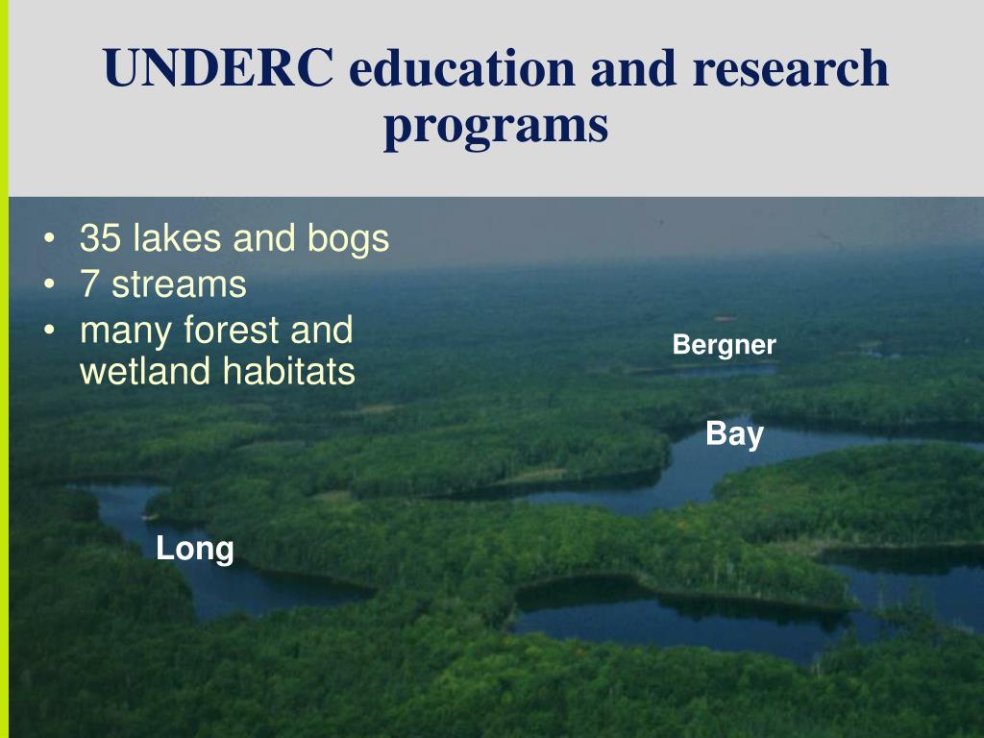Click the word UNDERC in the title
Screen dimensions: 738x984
tap(219, 70)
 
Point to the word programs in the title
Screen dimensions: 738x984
tap(496, 127)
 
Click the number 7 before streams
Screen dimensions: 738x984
tap(90, 284)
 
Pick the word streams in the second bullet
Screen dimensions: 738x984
tap(179, 284)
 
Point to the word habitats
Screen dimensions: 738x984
tap(288, 372)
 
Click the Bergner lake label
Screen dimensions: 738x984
tap(724, 345)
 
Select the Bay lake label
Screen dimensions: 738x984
tap(734, 434)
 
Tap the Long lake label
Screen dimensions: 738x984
tap(195, 550)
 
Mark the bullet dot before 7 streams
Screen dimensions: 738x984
tap(49, 285)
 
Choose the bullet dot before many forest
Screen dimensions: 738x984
tap(49, 332)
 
